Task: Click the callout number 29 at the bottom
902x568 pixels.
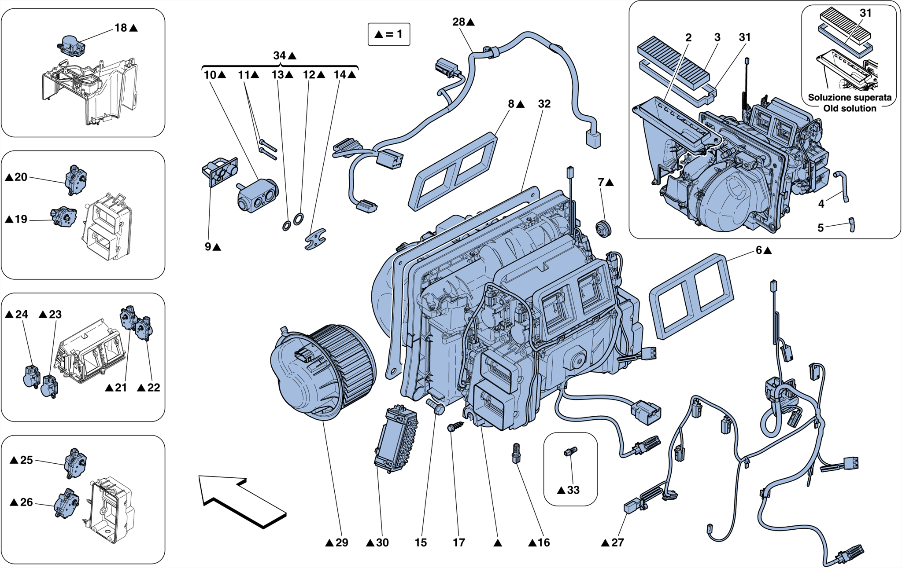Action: (342, 542)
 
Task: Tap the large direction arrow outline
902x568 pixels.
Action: (240, 502)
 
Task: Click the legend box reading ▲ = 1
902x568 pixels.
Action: (389, 34)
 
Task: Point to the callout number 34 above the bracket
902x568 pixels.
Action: (280, 55)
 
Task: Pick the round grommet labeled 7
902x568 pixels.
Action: (603, 229)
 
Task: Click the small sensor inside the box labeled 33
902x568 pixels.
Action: (570, 451)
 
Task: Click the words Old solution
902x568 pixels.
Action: (850, 108)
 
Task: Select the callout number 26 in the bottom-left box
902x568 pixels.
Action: (26, 502)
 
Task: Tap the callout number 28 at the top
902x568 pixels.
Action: (458, 22)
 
